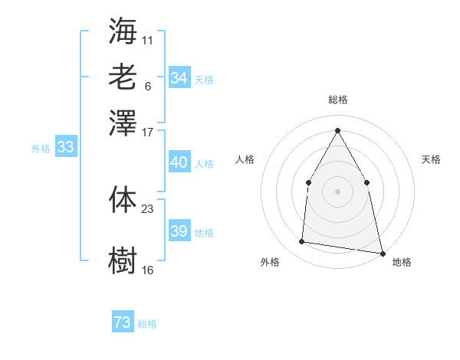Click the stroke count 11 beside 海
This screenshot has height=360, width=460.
(x=148, y=38)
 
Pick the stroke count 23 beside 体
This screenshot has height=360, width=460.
(x=148, y=208)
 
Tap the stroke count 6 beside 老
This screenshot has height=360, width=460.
(x=148, y=86)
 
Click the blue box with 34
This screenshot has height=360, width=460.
(x=179, y=77)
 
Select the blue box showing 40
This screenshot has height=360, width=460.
(x=179, y=162)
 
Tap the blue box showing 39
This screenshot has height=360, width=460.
(x=179, y=231)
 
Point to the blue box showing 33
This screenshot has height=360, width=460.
(x=65, y=148)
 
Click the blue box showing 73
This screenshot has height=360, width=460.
(x=123, y=322)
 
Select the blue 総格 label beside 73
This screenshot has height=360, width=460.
(x=147, y=324)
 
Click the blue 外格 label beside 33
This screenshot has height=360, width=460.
(x=41, y=149)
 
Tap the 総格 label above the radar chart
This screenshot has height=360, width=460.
(x=337, y=100)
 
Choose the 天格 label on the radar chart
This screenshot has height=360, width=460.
(x=432, y=159)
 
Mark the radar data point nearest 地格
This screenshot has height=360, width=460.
(x=382, y=252)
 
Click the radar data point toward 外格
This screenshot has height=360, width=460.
(x=302, y=242)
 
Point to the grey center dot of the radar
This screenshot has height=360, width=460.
(x=337, y=190)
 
